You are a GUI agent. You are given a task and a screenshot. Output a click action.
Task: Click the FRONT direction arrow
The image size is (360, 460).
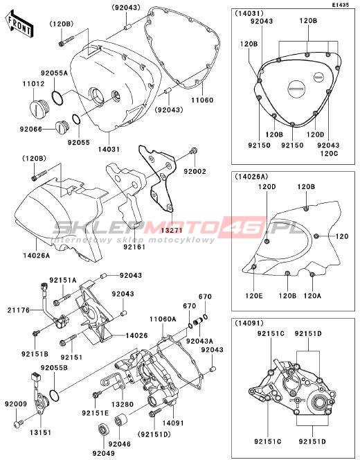[19, 24]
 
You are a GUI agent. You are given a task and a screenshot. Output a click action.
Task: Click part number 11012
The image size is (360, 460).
[34, 84]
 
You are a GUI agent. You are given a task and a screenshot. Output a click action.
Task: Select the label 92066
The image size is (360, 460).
[31, 129]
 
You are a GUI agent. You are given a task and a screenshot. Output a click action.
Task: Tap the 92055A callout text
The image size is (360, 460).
[54, 73]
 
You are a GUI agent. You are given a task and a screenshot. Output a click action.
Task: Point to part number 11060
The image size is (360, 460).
[202, 100]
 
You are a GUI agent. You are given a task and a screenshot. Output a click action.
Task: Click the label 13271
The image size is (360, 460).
[172, 230]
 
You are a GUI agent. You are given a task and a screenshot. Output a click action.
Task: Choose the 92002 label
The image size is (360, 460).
[195, 171]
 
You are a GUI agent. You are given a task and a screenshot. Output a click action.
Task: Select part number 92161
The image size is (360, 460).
[134, 247]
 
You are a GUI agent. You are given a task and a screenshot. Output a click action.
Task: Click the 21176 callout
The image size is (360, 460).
[19, 310]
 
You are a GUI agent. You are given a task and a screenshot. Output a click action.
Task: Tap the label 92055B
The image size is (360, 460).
[54, 368]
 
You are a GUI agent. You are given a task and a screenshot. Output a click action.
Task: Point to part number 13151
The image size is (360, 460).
[40, 432]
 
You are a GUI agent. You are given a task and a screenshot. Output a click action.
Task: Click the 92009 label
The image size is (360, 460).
[16, 404]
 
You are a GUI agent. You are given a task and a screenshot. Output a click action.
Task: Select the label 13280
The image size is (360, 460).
[123, 405]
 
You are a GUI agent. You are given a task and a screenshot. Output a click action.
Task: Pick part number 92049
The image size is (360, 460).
[104, 453]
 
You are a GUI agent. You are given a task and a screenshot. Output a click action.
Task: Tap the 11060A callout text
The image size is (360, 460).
[163, 319]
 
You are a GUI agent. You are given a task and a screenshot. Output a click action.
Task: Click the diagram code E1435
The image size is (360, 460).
[341, 5]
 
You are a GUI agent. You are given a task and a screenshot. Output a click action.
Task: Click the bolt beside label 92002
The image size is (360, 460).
[193, 151]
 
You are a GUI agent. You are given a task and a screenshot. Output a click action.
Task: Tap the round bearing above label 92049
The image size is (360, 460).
[103, 429]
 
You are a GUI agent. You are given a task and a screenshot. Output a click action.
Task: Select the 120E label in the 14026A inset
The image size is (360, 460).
[254, 295]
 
